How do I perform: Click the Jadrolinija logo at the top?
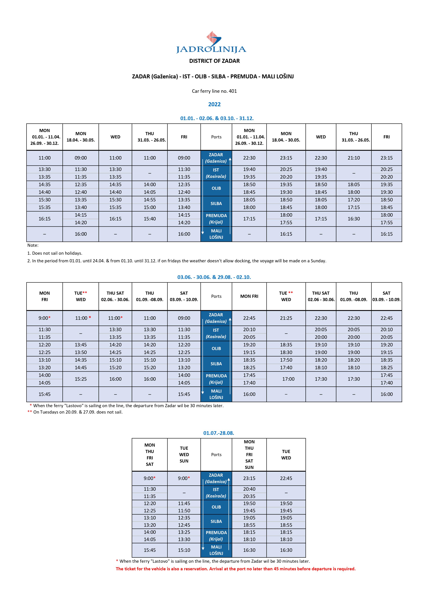click(x=211, y=43)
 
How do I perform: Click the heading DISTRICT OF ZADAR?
click(x=214, y=61)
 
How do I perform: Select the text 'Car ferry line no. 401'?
click(x=214, y=91)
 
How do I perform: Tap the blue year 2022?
click(x=214, y=104)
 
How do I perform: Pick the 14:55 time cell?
click(x=150, y=200)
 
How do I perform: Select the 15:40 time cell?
click(x=150, y=219)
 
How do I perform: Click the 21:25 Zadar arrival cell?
click(x=286, y=318)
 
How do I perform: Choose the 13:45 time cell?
click(x=81, y=345)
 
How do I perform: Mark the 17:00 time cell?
click(x=288, y=379)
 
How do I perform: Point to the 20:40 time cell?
click(x=249, y=489)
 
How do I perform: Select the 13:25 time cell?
click(x=184, y=532)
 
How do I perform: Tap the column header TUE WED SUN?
click(x=184, y=454)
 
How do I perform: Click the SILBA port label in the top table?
click(x=216, y=203)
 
